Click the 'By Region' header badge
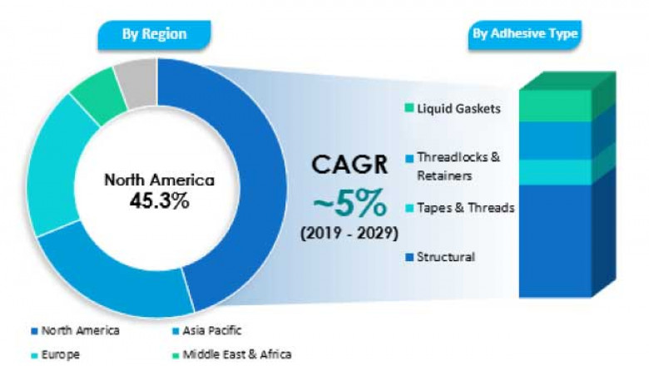[154, 34]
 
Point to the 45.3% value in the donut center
[158, 200]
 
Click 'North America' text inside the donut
[158, 180]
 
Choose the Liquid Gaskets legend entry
[453, 109]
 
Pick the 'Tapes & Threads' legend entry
[459, 208]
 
